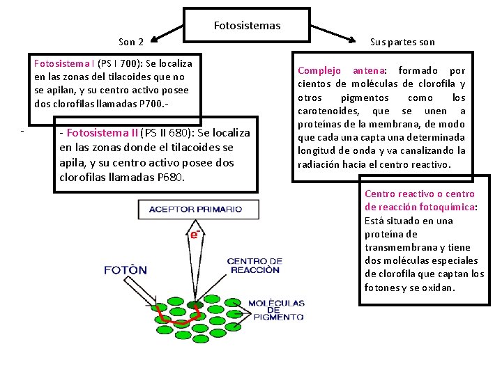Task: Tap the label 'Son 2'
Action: (x=130, y=42)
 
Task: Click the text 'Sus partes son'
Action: (x=402, y=42)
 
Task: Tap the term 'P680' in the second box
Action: (x=170, y=177)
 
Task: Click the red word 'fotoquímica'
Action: (x=441, y=207)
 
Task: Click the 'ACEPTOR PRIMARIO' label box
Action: (x=190, y=208)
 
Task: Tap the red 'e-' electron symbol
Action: (x=197, y=235)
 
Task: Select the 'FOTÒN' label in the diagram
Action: (x=125, y=269)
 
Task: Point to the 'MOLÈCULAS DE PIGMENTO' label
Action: (x=275, y=310)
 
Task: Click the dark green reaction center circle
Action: (x=196, y=304)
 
